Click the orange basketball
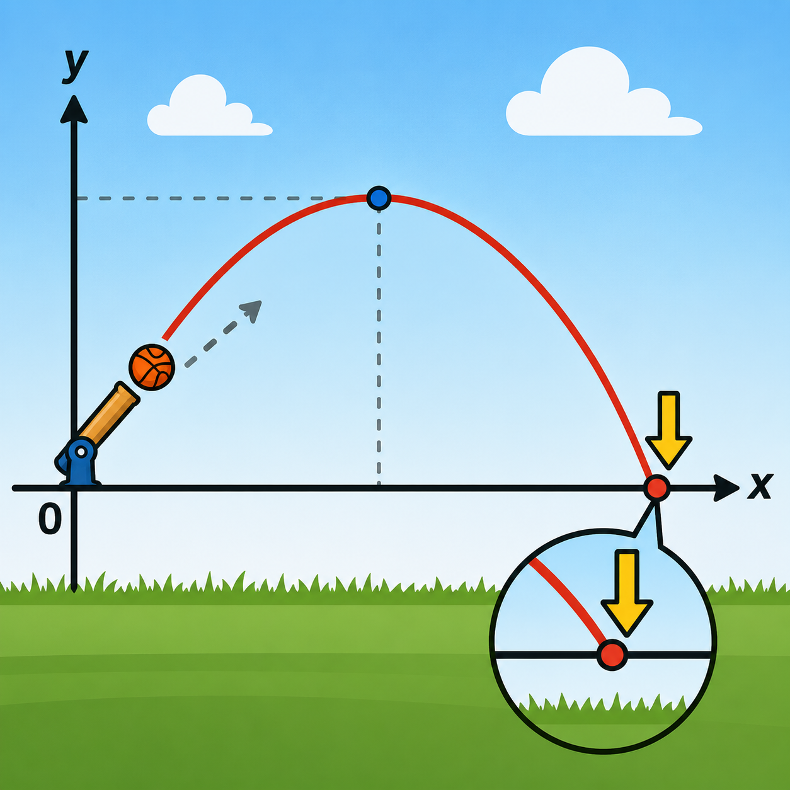coord(152,367)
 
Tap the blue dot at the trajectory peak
coord(379,198)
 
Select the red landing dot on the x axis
coord(656,488)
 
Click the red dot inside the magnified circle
coord(612,655)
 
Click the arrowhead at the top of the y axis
coord(74,109)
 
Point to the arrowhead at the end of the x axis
coord(726,488)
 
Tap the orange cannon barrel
coord(108,414)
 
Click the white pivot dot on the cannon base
coord(81,452)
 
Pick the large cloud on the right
coord(604,92)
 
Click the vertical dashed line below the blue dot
coord(379,348)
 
